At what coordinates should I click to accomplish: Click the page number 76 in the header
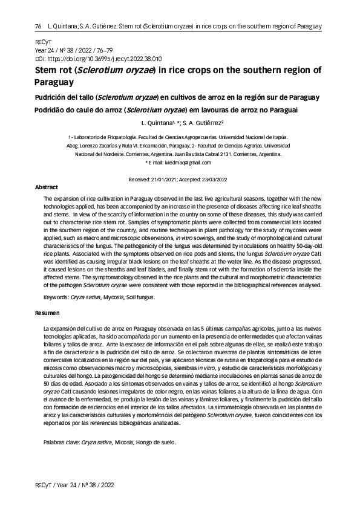[x=38, y=27]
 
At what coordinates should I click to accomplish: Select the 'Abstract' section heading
[x=47, y=188]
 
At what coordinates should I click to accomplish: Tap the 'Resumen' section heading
[x=48, y=313]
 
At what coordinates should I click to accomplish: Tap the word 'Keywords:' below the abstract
[x=56, y=297]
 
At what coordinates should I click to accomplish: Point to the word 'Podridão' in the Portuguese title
[x=53, y=110]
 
